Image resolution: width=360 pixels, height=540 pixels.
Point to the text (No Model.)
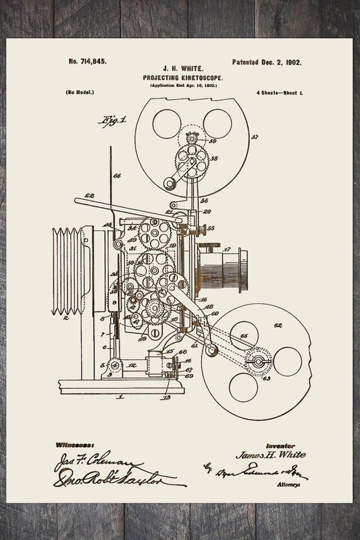point(80,91)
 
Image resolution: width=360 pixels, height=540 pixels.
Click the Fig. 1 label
point(114,120)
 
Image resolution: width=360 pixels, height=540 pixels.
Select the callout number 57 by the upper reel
point(255,137)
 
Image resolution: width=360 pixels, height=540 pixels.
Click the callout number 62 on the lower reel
point(277,325)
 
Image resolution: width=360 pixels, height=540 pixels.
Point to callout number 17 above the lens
point(227,248)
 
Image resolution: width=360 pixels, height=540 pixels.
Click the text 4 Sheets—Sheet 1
point(279,91)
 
